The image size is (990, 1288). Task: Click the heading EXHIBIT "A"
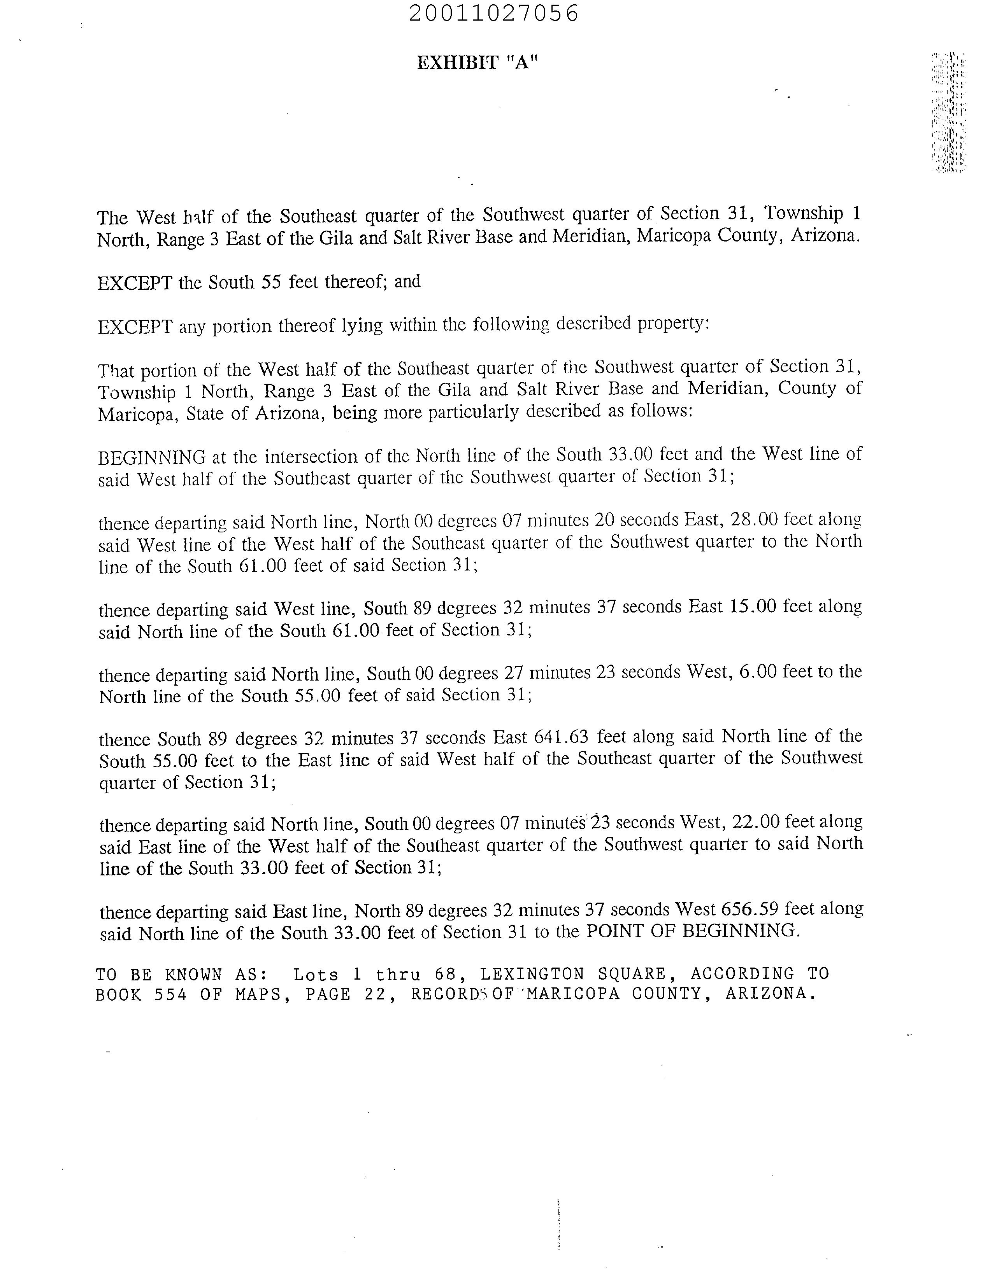[x=477, y=63]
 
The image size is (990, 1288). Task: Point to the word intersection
[x=319, y=457]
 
